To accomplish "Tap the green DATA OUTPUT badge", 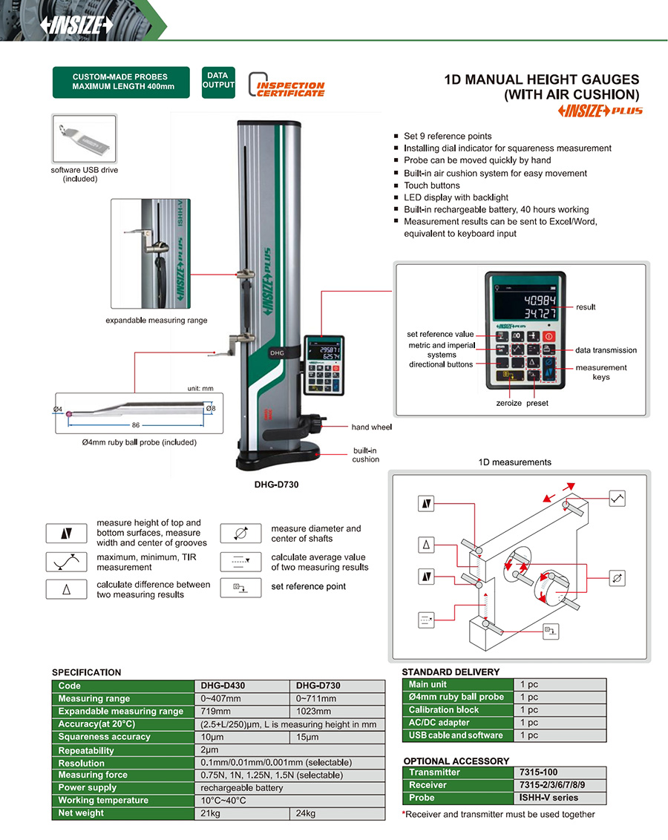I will pos(217,82).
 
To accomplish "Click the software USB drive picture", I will pos(85,140).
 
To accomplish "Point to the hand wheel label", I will pos(371,427).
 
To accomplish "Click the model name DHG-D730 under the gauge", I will pos(277,484).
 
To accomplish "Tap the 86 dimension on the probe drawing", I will pos(136,425).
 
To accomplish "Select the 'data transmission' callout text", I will pos(606,350).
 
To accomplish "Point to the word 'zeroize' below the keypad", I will pos(510,403).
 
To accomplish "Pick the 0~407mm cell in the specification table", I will pos(221,698).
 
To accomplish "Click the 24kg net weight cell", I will pos(306,813).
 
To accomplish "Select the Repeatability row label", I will pos(86,750).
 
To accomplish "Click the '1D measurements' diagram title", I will pos(514,462).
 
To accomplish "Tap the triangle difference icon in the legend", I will pos(66,589).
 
